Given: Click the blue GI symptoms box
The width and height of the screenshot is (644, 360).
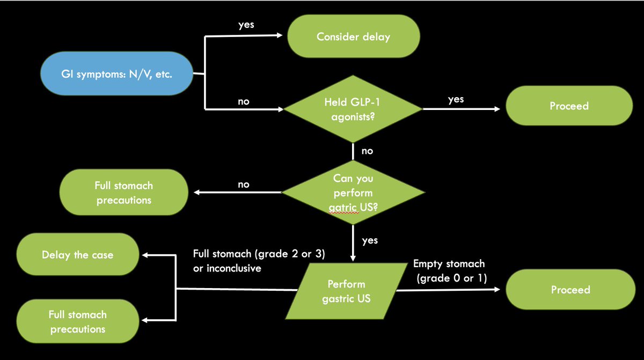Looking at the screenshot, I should click(116, 74).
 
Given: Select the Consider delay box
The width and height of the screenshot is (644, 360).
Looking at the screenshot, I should click(353, 37).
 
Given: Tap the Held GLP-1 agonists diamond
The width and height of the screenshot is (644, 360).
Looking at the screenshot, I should click(352, 109).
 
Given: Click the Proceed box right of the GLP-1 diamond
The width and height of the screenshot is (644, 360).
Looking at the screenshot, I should click(569, 106).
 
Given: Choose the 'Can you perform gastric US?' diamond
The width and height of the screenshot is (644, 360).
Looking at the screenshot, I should click(353, 192).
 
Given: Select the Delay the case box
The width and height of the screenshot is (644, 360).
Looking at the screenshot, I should click(78, 255).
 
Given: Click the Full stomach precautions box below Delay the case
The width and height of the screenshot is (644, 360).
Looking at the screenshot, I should click(78, 321).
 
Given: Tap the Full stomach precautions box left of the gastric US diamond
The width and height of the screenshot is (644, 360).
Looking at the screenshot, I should click(123, 193).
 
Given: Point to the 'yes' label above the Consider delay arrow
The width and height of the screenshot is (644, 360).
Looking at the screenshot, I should click(246, 25).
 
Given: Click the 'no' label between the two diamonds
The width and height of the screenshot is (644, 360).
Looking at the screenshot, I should click(367, 151).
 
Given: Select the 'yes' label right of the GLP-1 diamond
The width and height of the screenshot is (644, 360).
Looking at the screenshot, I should click(455, 99).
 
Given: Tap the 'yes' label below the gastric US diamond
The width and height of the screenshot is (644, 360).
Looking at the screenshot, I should click(370, 241).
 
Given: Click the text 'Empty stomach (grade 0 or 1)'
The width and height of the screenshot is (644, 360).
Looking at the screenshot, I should click(450, 270).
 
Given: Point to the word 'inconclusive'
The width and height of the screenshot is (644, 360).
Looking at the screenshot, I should click(227, 268).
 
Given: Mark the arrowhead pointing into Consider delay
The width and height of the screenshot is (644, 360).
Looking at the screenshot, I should click(280, 36).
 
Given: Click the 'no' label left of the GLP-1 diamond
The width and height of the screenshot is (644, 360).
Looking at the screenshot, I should click(243, 101).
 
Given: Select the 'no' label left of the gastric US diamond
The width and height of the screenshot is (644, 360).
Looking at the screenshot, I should click(243, 184).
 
